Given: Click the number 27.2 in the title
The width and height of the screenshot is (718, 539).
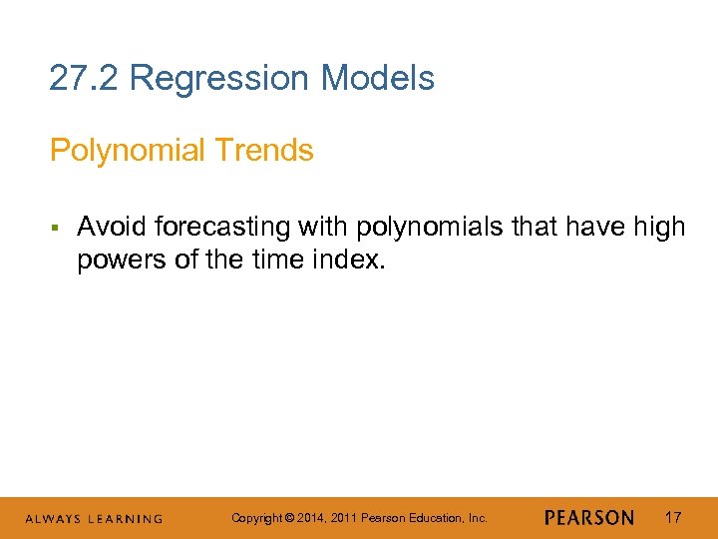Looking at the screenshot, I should [85, 78].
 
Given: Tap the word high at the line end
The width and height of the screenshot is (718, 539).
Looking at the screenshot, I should [659, 228].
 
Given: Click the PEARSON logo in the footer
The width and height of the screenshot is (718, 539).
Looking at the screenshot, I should [588, 518].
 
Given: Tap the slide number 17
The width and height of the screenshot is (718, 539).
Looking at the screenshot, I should [674, 518].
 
